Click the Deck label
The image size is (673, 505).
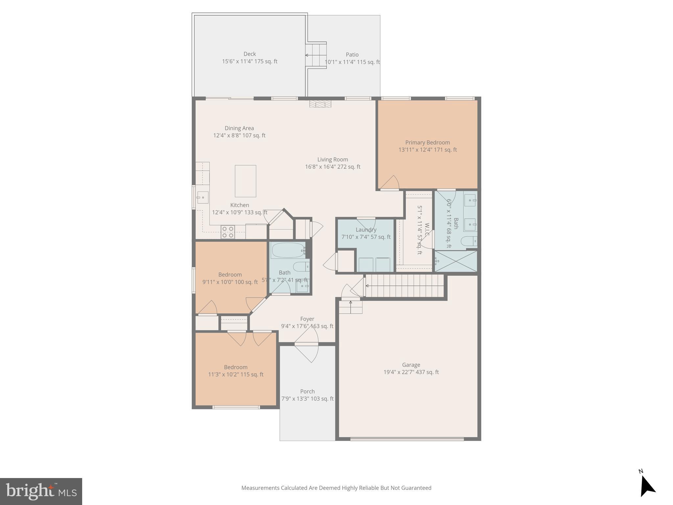249,54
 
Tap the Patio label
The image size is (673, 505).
352,55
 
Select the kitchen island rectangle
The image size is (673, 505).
245,181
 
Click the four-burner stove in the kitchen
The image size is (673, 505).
227,232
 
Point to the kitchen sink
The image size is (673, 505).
203,198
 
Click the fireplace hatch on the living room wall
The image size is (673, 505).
320,104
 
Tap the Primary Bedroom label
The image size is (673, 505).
427,142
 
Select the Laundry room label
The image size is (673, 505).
366,229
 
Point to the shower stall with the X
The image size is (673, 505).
455,261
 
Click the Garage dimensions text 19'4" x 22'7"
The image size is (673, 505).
411,372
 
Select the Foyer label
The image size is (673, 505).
307,319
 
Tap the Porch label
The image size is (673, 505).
307,391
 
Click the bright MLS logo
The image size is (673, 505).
41,491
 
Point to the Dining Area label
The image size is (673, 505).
239,128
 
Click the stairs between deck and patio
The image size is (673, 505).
316,55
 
